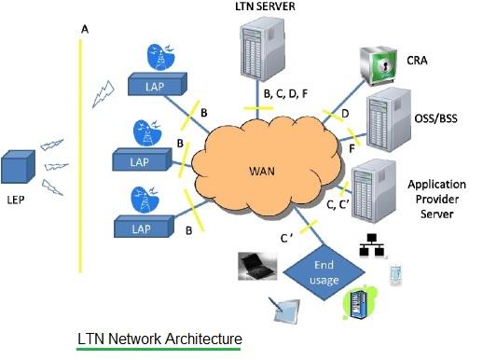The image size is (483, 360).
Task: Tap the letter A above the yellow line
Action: (x=86, y=29)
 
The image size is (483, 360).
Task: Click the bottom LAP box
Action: (x=141, y=228)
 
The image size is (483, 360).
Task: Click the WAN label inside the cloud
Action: (x=264, y=172)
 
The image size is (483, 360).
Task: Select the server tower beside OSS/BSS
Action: (x=386, y=118)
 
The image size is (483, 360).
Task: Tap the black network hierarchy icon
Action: (x=375, y=245)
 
